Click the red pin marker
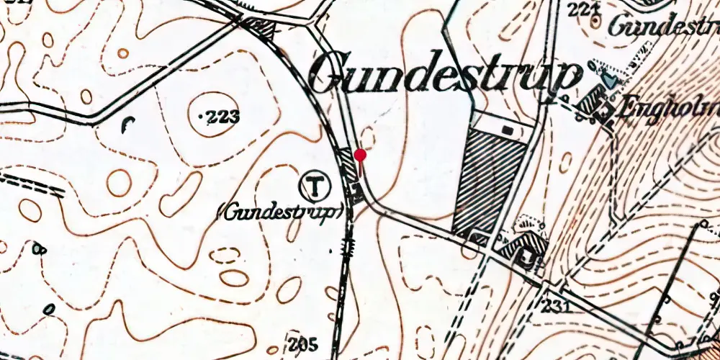coord(361,156)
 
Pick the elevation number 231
coord(558,307)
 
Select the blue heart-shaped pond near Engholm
coord(611,80)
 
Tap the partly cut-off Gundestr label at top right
coord(662,27)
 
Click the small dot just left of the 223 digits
coord(200,115)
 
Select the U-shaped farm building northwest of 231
coord(524,248)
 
